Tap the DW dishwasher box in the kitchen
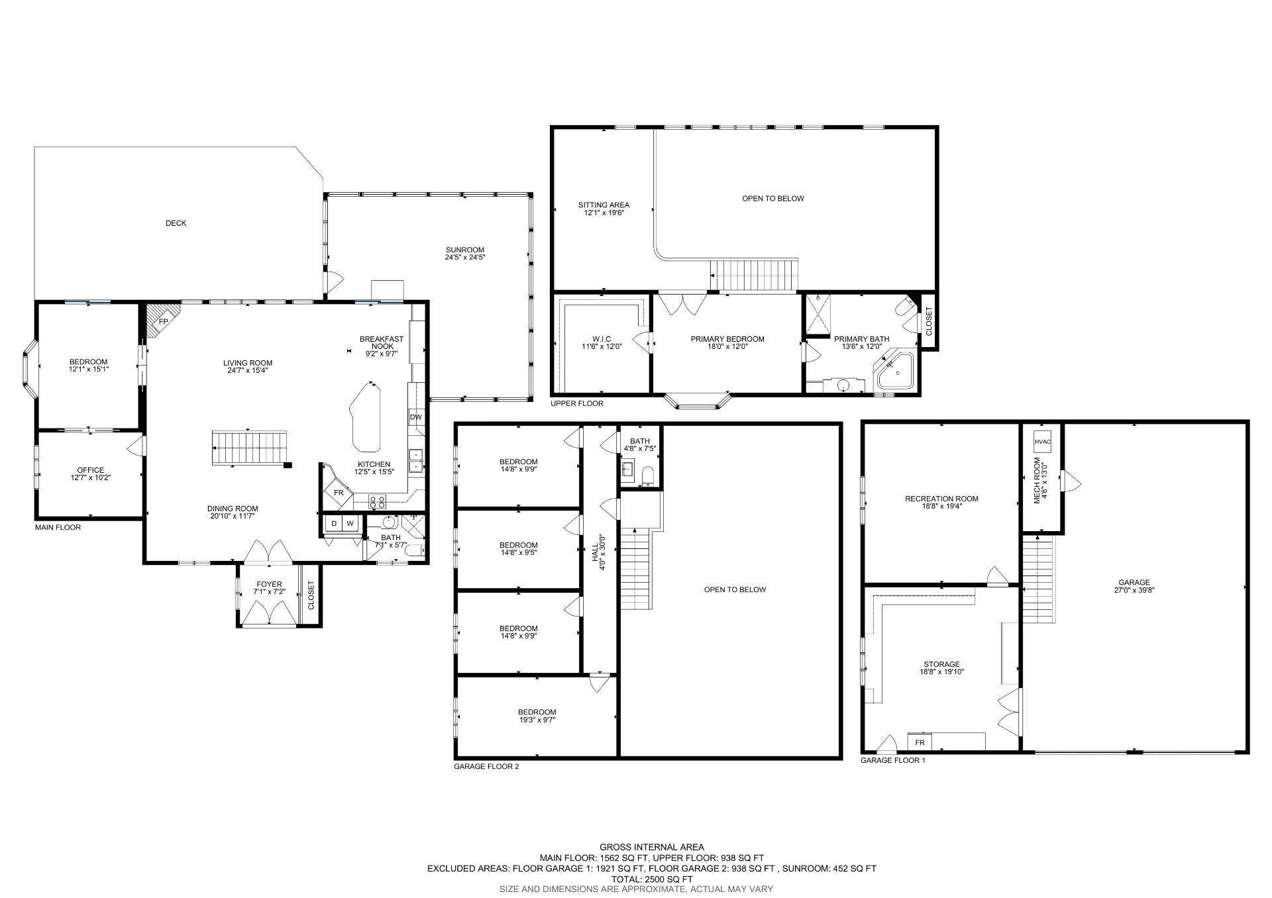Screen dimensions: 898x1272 pyautogui.click(x=415, y=417)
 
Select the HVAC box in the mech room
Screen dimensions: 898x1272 pyautogui.click(x=1042, y=442)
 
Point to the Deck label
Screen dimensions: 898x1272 pyautogui.click(x=176, y=223)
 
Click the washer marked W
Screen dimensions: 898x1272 pyautogui.click(x=350, y=524)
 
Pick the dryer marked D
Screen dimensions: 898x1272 pyautogui.click(x=334, y=524)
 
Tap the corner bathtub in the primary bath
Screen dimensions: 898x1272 pyautogui.click(x=896, y=372)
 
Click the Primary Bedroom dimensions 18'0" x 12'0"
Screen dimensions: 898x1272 pyautogui.click(x=727, y=346)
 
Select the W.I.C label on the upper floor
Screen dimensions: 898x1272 pyautogui.click(x=602, y=339)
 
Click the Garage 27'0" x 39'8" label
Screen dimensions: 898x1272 pyautogui.click(x=1136, y=587)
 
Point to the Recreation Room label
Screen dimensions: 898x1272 pyautogui.click(x=941, y=499)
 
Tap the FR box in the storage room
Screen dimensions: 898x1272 pyautogui.click(x=920, y=742)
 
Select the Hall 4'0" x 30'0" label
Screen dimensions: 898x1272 pyautogui.click(x=598, y=548)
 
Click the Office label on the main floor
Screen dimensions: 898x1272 pyautogui.click(x=90, y=470)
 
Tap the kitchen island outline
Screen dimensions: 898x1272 pyautogui.click(x=366, y=417)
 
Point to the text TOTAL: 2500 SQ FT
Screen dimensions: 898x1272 pyautogui.click(x=651, y=879)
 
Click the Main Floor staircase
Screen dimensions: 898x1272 pyautogui.click(x=250, y=448)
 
